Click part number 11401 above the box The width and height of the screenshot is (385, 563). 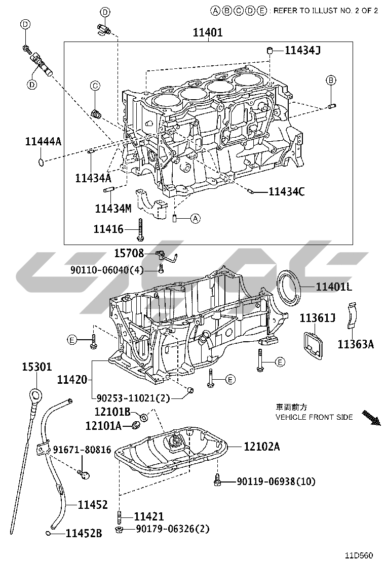pos(208,33)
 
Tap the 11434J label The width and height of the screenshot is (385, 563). pos(302,50)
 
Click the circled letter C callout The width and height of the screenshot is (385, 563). pos(95,86)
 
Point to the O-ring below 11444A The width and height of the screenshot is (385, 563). pos(42,163)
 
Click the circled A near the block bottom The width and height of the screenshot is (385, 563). pos(195,218)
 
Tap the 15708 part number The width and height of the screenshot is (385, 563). pos(129,253)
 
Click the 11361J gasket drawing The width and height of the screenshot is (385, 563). pos(313,345)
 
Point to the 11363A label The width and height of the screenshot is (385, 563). pos(356,344)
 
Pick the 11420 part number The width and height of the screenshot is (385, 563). pos(72,380)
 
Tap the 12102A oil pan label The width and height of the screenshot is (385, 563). pos(261,447)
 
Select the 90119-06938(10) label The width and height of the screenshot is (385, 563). pos(276,481)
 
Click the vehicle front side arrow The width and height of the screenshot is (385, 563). pos(371,418)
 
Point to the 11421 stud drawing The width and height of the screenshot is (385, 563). pos(119,517)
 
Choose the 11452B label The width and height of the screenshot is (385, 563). pos(84,533)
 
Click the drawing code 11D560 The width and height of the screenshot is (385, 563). pos(359,555)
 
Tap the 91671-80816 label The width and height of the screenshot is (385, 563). pos(82,450)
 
